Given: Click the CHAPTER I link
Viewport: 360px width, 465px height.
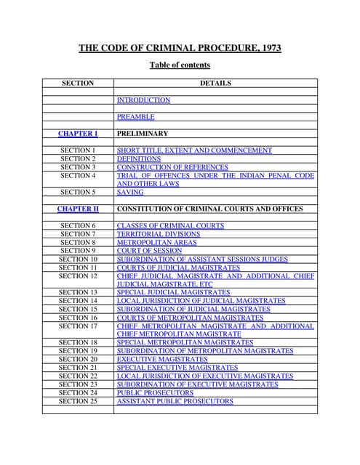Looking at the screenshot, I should tap(77, 134).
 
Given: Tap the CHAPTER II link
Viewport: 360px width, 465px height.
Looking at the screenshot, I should tap(77, 209).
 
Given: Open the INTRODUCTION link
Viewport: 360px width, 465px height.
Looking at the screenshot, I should tap(143, 100).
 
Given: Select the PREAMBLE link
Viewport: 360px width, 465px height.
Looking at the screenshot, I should tap(135, 117).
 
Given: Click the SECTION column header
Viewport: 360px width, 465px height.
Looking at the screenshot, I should tap(77, 84).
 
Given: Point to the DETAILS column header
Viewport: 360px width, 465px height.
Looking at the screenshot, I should tap(215, 84).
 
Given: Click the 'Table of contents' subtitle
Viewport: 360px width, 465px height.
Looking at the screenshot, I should tap(180, 65).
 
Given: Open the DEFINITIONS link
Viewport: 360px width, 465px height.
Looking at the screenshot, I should tap(139, 159).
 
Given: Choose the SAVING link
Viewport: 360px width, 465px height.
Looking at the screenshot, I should tap(130, 193).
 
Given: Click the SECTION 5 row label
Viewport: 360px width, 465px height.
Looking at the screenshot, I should tap(77, 193).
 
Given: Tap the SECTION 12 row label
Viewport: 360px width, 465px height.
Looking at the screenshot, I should tap(77, 276).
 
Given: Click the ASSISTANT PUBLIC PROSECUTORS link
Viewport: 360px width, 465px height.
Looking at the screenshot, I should tap(175, 401).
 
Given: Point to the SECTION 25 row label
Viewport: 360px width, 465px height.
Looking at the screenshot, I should tap(77, 401).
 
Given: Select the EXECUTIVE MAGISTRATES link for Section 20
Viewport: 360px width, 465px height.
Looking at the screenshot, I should tap(162, 360).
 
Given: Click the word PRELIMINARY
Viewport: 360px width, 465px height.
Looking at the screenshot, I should tap(143, 134).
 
